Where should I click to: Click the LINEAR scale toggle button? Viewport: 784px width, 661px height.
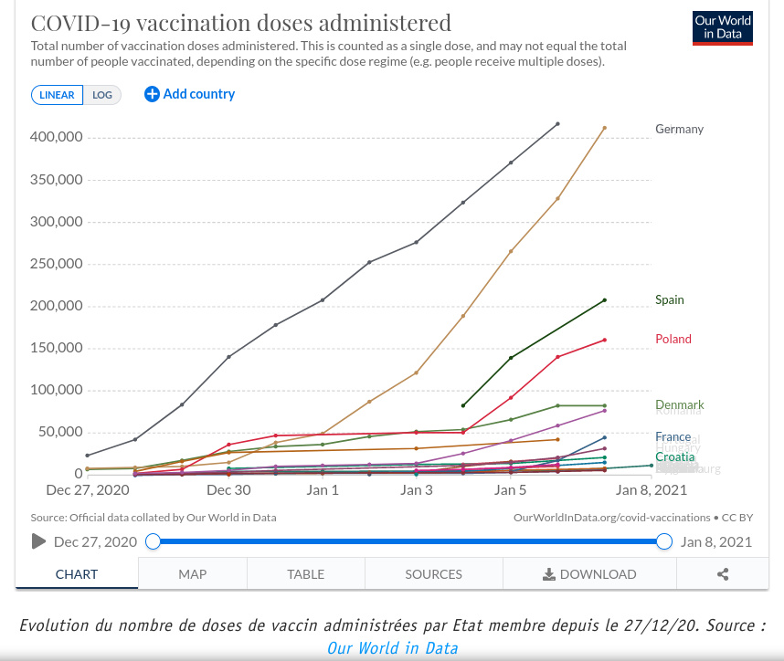pyautogui.click(x=57, y=95)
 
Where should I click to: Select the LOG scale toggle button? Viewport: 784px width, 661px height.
pyautogui.click(x=102, y=95)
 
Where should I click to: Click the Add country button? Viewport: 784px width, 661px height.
pyautogui.click(x=189, y=94)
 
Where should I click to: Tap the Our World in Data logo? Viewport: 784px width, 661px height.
pyautogui.click(x=723, y=28)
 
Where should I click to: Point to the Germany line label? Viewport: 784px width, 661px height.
pyautogui.click(x=679, y=130)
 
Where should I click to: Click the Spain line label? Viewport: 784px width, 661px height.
pyautogui.click(x=669, y=300)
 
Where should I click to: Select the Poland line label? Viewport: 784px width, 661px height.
pyautogui.click(x=673, y=340)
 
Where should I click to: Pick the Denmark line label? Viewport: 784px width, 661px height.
pyautogui.click(x=679, y=405)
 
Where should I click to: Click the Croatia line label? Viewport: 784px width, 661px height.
pyautogui.click(x=674, y=456)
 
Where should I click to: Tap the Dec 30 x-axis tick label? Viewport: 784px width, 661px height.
pyautogui.click(x=228, y=490)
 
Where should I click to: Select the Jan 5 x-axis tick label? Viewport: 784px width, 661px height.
pyautogui.click(x=510, y=490)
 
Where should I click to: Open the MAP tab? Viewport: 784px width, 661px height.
pyautogui.click(x=192, y=574)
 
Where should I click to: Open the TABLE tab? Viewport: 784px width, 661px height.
pyautogui.click(x=305, y=574)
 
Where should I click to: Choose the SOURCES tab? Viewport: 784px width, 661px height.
pyautogui.click(x=433, y=574)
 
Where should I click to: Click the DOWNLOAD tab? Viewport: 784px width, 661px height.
pyautogui.click(x=589, y=574)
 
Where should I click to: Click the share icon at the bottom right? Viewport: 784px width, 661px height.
pyautogui.click(x=723, y=574)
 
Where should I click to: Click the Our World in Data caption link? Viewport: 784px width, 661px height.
pyautogui.click(x=392, y=647)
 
